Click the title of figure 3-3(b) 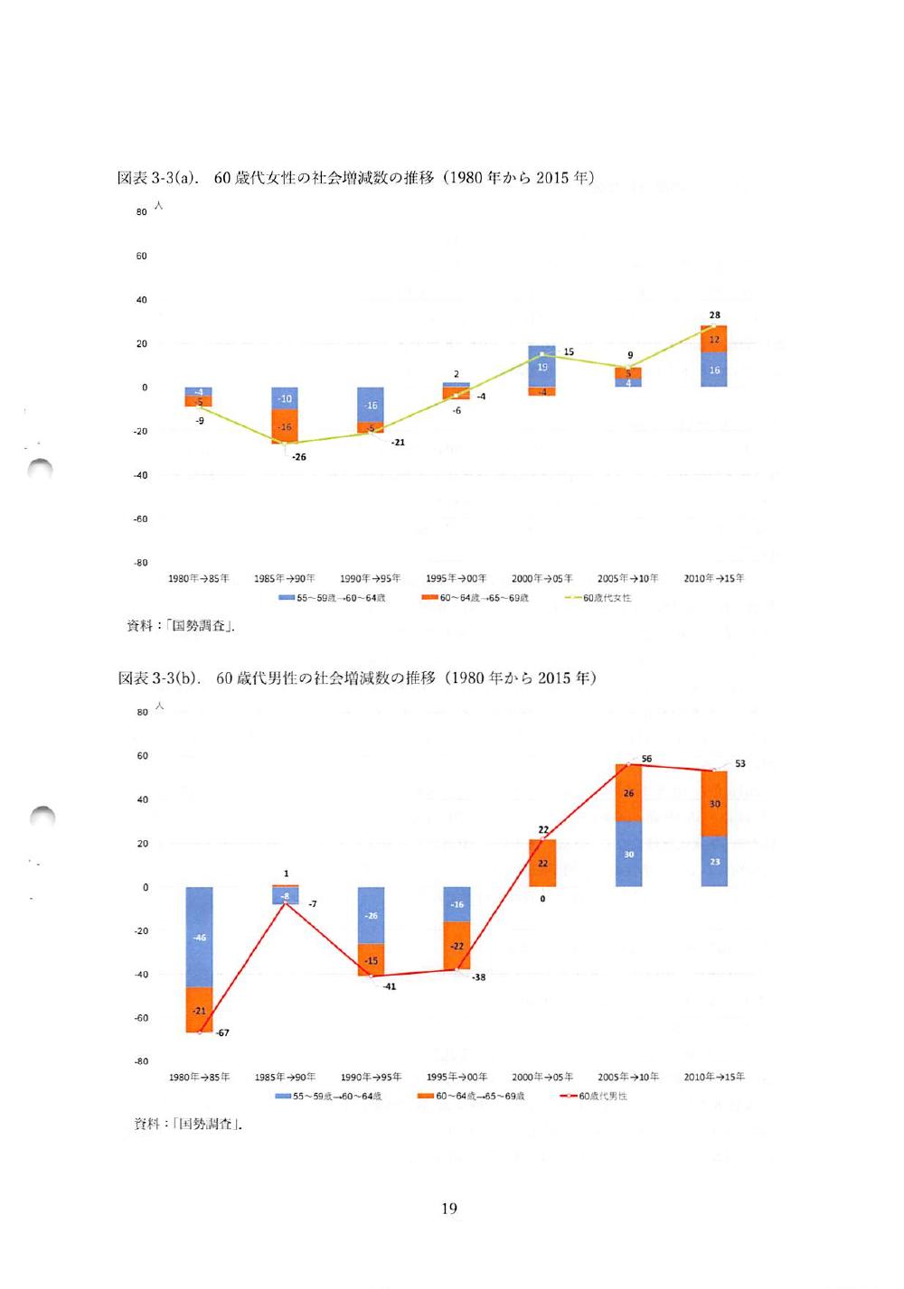click(x=357, y=677)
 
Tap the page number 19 click(x=449, y=1208)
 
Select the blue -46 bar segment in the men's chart click(x=199, y=937)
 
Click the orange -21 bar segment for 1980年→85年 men click(x=199, y=1010)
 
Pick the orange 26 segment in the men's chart click(x=628, y=792)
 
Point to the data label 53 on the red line click(x=740, y=764)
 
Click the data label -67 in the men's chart click(x=222, y=1032)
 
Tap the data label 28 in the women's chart click(x=715, y=315)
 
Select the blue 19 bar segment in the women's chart click(x=541, y=367)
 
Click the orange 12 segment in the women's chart click(x=714, y=339)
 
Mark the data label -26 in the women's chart click(x=299, y=457)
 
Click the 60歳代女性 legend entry click(x=598, y=598)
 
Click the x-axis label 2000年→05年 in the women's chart click(x=541, y=578)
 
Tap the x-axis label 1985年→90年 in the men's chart click(x=285, y=1077)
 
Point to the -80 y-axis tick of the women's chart click(x=141, y=563)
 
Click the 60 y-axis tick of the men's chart click(x=142, y=756)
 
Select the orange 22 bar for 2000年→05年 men click(x=542, y=863)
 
